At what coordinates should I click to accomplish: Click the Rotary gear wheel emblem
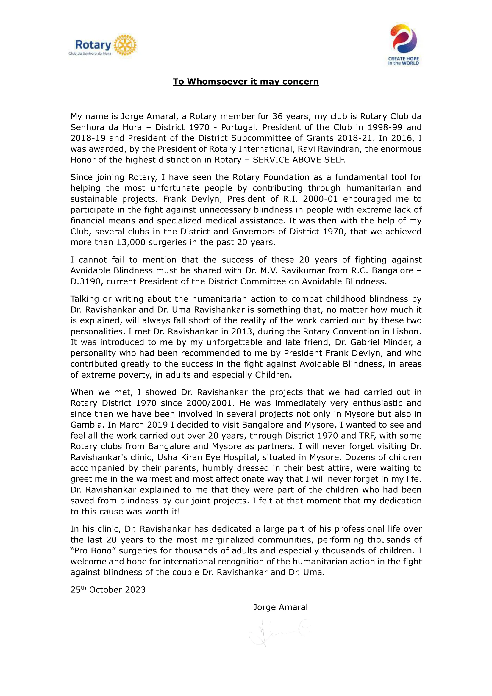click(x=125, y=45)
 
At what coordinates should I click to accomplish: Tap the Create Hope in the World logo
click(x=404, y=44)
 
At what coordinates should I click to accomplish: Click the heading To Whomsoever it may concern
click(x=246, y=82)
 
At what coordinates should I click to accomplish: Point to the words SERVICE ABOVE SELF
click(x=299, y=160)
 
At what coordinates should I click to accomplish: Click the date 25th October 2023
click(x=108, y=589)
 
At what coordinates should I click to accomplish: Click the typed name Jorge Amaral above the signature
click(x=280, y=607)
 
